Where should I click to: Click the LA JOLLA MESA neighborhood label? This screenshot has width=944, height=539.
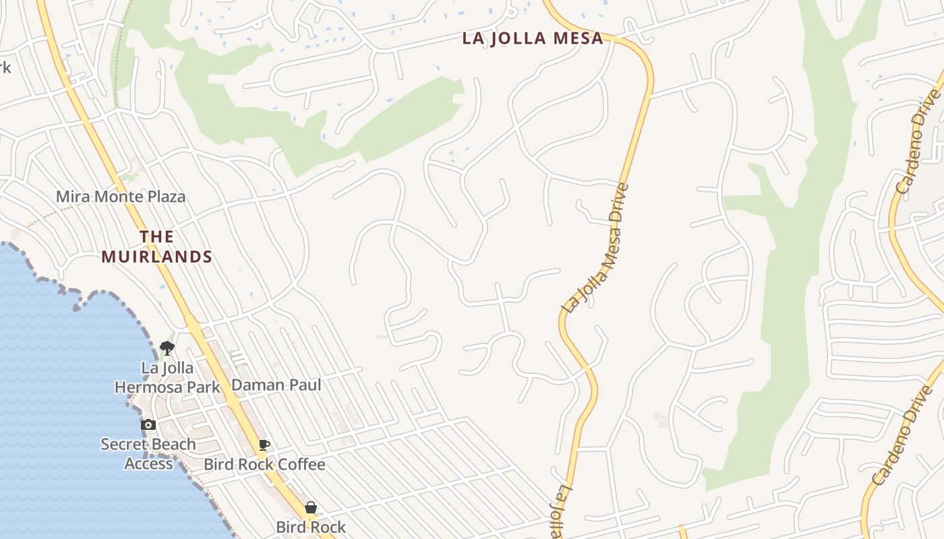click(x=533, y=38)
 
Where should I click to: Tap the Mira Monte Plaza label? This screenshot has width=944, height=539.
click(x=120, y=197)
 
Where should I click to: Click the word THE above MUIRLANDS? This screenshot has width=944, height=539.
click(x=157, y=236)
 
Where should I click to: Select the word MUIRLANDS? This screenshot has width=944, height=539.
click(x=157, y=257)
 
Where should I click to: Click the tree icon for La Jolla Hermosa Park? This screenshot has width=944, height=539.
click(x=167, y=348)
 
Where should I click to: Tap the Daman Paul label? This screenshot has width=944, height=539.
click(x=276, y=385)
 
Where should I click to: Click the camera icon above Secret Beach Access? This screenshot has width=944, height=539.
click(x=148, y=424)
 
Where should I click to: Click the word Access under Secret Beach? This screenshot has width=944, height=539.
click(x=148, y=464)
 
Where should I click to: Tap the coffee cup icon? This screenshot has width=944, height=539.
click(x=264, y=445)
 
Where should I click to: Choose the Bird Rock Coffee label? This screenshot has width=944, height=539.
click(x=264, y=464)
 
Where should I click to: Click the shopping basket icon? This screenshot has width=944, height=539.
click(x=311, y=507)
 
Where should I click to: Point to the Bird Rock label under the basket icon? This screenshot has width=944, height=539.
click(x=311, y=527)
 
